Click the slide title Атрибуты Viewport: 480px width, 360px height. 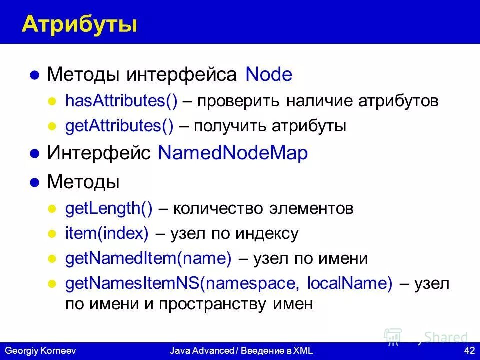79,24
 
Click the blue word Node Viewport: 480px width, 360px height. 269,75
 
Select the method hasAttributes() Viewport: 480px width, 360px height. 121,101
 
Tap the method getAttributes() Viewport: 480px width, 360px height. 119,126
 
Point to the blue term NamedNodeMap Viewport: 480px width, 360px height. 233,153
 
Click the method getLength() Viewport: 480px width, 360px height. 109,208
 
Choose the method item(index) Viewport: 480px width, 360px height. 107,233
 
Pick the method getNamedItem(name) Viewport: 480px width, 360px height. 149,259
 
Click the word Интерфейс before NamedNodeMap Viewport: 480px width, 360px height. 99,153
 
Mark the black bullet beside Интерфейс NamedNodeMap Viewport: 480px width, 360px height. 34,154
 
